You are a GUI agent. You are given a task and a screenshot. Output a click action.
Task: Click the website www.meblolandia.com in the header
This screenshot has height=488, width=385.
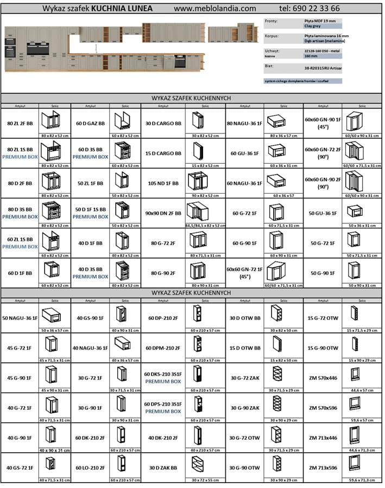pos(215,9)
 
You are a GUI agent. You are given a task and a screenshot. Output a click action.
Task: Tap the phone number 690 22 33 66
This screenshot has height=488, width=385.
pos(310,9)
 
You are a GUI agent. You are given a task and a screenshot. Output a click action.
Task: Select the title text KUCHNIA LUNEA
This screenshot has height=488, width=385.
pos(122,9)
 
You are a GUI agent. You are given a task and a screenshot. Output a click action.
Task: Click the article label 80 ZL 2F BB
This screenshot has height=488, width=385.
pos(20,124)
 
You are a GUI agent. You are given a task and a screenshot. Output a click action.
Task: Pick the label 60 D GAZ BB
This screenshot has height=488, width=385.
pos(90,124)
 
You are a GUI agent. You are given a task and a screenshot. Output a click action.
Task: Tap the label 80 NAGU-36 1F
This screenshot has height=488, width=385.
pos(244,124)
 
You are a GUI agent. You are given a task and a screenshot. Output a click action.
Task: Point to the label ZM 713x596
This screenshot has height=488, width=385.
pos(323,467)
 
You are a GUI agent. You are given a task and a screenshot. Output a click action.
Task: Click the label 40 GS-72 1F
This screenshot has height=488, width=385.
pos(20,467)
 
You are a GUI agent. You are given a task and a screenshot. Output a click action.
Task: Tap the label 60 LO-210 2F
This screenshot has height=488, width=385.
pos(90,467)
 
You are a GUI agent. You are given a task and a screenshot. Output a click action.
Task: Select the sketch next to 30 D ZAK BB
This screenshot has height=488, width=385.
pos(198,464)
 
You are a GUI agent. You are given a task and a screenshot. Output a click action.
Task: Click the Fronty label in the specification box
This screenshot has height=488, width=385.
pos(273,21)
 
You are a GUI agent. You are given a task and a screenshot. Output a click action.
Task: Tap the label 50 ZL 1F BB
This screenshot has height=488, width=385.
pos(90,183)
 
